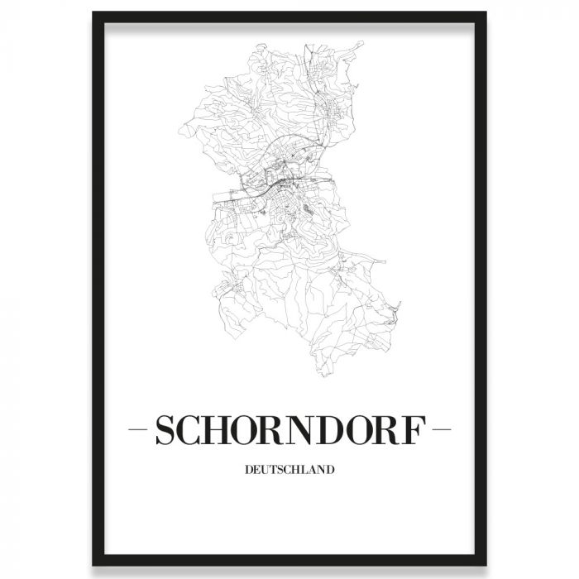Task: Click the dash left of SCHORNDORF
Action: click(140, 431)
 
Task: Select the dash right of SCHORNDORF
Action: click(442, 431)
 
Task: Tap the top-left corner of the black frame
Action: click(95, 15)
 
